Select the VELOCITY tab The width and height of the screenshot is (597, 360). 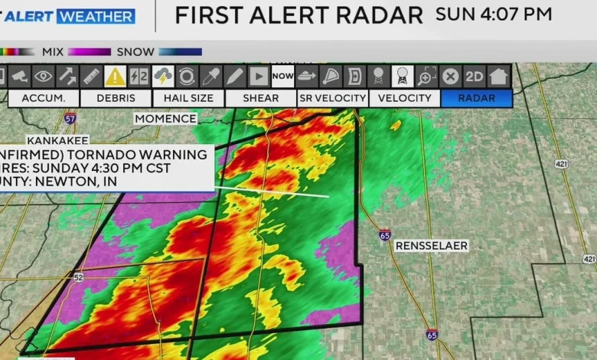click(x=404, y=98)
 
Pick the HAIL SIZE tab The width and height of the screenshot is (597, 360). click(x=188, y=98)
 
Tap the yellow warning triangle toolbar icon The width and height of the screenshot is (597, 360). click(x=116, y=76)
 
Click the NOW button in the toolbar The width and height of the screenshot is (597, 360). click(x=282, y=76)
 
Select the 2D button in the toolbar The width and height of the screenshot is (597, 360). click(x=475, y=76)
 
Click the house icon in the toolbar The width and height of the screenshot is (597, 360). click(x=499, y=76)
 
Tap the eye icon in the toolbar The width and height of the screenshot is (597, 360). click(x=43, y=76)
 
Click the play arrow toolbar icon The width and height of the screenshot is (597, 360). click(x=259, y=76)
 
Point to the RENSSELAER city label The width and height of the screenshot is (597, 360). click(x=431, y=246)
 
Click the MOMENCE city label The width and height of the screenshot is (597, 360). click(x=165, y=119)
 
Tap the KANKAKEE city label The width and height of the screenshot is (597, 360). click(x=57, y=141)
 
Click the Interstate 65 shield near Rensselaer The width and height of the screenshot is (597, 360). click(x=385, y=235)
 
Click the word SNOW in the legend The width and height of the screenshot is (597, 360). click(x=135, y=52)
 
